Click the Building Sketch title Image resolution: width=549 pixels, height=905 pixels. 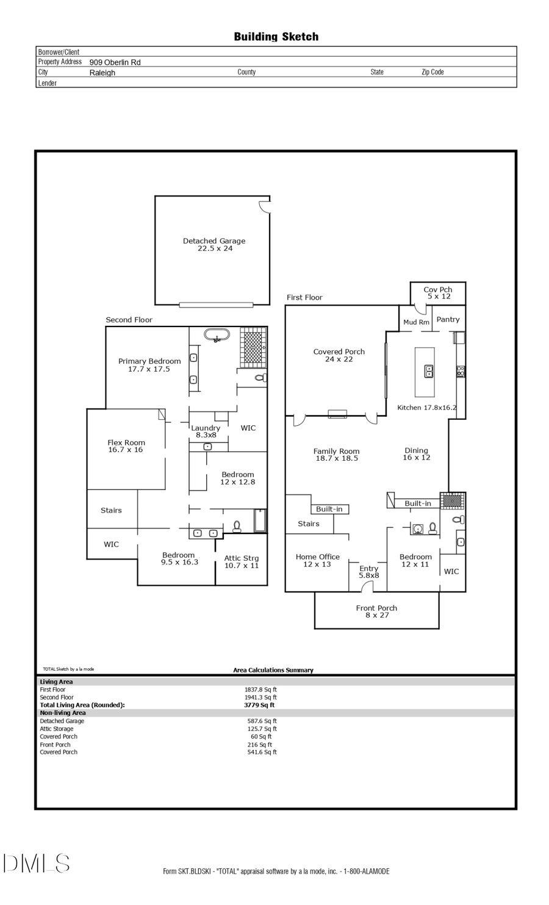pos(276,37)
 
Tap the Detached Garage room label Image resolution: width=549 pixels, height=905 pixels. pos(214,245)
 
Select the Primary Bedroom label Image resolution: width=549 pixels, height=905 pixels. pos(149,365)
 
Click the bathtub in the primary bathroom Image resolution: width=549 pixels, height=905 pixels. pos(217,336)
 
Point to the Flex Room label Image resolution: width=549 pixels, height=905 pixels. pos(126,446)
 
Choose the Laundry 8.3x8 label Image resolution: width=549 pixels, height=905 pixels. pos(206,431)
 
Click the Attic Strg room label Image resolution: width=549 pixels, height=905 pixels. pos(242,562)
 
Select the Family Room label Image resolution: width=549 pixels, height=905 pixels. pos(336,455)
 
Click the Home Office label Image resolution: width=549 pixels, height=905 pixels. pos(317,560)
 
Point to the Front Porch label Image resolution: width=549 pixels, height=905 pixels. pos(376,611)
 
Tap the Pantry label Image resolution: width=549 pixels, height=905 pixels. pos(448,319)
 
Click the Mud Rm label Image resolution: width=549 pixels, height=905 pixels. pos(416,322)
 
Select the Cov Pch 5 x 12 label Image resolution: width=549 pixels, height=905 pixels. pos(438,293)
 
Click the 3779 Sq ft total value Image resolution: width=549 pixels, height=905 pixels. pos(259,705)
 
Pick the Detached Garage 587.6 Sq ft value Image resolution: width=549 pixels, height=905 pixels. pos(262,721)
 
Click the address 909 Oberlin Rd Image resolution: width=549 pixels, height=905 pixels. pos(115,62)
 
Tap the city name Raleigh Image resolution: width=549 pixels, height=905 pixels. pos(102,73)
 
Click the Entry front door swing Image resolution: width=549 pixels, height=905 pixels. pos(367,587)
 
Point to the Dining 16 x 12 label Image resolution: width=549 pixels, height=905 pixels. pos(417,454)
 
